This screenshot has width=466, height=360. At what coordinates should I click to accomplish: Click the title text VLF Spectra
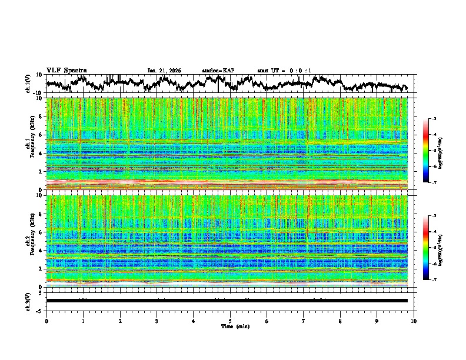(x=66, y=70)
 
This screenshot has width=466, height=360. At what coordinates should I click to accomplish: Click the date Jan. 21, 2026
(x=164, y=71)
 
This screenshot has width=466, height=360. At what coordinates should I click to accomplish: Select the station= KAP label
(x=218, y=71)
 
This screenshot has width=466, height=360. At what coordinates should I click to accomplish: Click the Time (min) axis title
(x=230, y=326)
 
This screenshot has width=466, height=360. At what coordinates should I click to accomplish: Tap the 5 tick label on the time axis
(x=230, y=321)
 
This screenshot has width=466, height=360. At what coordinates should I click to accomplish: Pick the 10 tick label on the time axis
(x=414, y=321)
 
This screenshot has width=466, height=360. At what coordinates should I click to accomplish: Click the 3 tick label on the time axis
(x=157, y=321)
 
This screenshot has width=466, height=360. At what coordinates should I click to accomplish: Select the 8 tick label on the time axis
(x=340, y=321)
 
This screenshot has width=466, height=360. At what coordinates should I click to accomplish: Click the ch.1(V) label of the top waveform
(x=29, y=84)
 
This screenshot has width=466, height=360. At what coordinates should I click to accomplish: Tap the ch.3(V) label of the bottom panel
(x=29, y=301)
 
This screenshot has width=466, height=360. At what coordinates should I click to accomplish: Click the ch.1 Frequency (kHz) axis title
(x=31, y=144)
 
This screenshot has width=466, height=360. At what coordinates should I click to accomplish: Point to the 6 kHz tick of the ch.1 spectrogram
(x=40, y=135)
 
